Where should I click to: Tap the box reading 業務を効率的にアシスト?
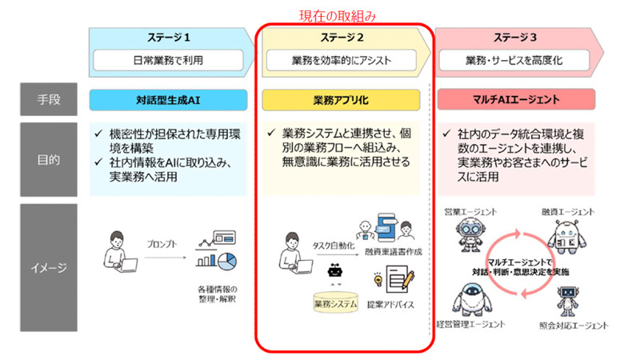[342, 60]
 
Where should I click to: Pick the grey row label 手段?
[49, 100]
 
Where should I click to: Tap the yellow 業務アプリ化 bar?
[342, 100]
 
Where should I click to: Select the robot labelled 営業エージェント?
[469, 236]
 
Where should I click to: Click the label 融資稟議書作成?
[390, 252]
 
